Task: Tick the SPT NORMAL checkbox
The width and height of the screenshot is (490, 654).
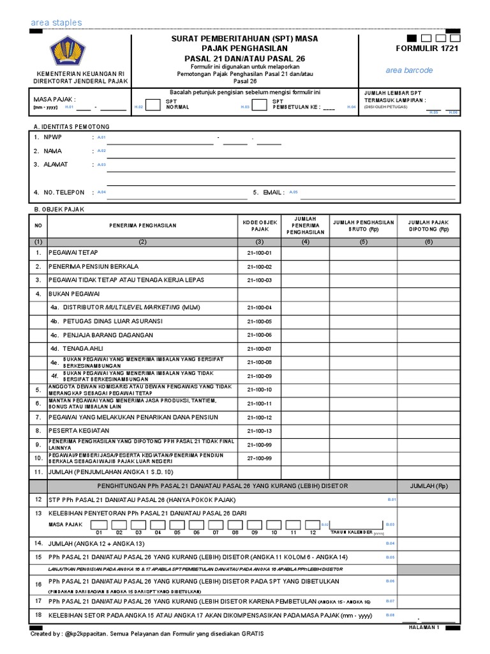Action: tap(153, 105)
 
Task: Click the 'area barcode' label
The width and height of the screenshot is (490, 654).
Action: tap(408, 70)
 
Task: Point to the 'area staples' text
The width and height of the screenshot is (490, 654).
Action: tap(56, 23)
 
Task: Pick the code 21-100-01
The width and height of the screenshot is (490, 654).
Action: tap(259, 253)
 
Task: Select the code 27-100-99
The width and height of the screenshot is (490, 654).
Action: tap(259, 458)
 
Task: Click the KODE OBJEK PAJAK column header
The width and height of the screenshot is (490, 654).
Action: tap(259, 225)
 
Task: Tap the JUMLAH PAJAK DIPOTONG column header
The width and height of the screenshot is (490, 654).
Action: tap(428, 225)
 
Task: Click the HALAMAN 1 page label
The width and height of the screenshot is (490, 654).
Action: tap(424, 627)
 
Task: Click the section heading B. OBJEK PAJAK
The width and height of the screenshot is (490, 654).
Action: tap(59, 209)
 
